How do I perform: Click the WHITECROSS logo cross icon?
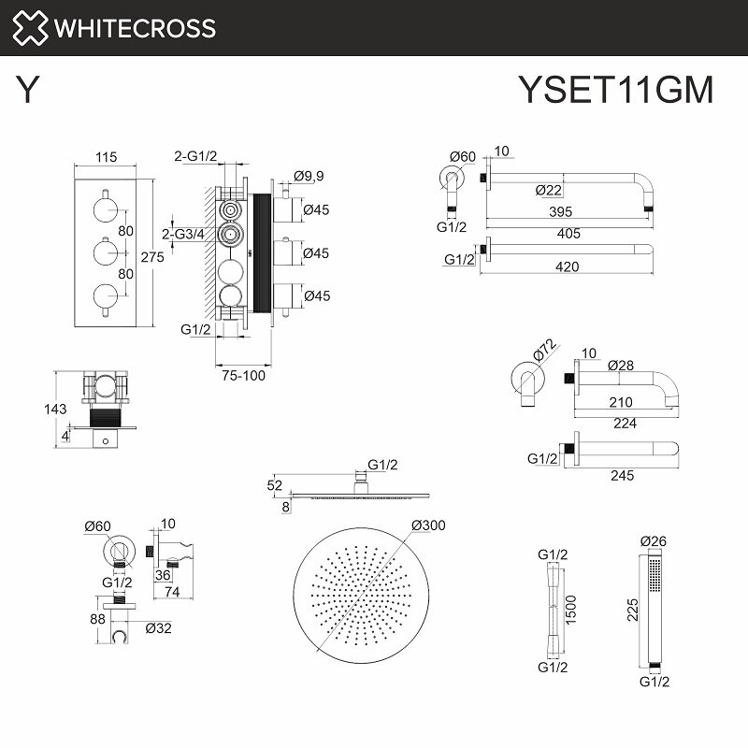coord(30,27)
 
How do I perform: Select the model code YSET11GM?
coord(615,90)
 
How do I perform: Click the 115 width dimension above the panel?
coord(107,157)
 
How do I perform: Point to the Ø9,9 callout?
coord(309,176)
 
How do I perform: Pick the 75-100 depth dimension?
coord(243,377)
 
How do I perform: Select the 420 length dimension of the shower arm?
coord(567,267)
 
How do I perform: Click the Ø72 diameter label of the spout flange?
coord(544,352)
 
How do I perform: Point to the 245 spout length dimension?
coord(621,475)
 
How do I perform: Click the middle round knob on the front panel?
coord(106,252)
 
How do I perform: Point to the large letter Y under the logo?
coord(29,90)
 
